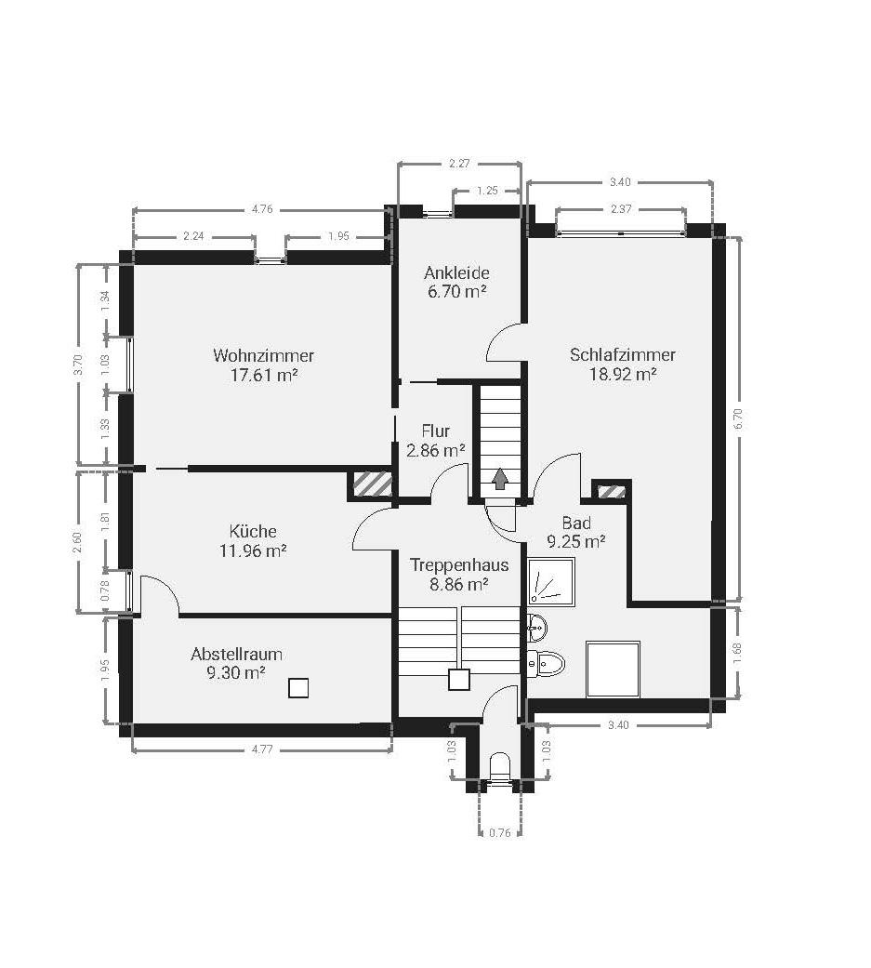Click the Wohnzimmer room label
pyautogui.click(x=264, y=355)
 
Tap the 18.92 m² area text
pyautogui.click(x=622, y=374)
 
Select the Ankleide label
pyautogui.click(x=456, y=272)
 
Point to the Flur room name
pyautogui.click(x=436, y=431)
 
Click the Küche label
pyautogui.click(x=253, y=531)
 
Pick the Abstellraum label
pyautogui.click(x=236, y=654)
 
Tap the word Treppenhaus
pyautogui.click(x=459, y=564)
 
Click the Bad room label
pyautogui.click(x=576, y=523)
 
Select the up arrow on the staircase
pyautogui.click(x=499, y=479)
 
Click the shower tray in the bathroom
pyautogui.click(x=551, y=580)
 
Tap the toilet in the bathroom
pyautogui.click(x=547, y=664)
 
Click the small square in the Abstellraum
pyautogui.click(x=298, y=688)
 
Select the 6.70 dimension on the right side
pyautogui.click(x=738, y=419)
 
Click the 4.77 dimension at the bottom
pyautogui.click(x=262, y=749)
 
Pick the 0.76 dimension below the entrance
pyautogui.click(x=500, y=833)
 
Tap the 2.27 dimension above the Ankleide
pyautogui.click(x=460, y=164)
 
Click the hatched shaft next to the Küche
pyautogui.click(x=372, y=484)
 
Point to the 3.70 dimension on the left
pyautogui.click(x=77, y=365)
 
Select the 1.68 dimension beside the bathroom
pyautogui.click(x=737, y=653)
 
